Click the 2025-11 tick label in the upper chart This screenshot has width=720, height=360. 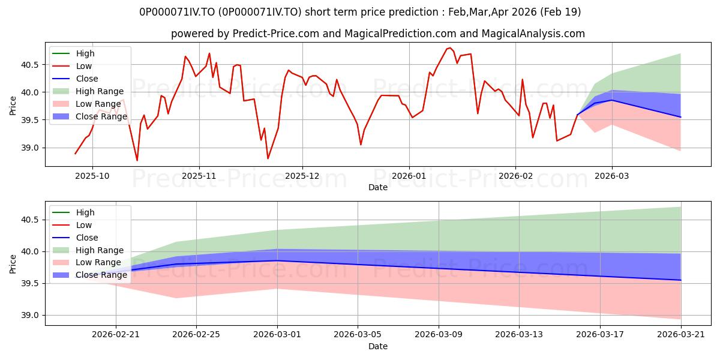point(199,176)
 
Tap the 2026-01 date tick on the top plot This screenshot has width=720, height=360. point(409,176)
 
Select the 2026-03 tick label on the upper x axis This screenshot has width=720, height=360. point(611,176)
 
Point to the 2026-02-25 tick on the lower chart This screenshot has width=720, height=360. point(196,335)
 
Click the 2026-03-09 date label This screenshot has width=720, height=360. point(439,335)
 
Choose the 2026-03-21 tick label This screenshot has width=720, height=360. point(681,335)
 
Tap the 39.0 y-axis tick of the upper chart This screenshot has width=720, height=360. point(30,148)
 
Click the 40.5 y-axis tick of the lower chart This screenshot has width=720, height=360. point(30,220)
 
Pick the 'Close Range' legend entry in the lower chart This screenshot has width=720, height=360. point(89,275)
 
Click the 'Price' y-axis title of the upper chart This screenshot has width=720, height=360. point(13,106)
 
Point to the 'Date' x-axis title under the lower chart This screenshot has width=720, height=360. point(377,347)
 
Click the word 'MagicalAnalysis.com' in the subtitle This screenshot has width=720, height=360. point(533,34)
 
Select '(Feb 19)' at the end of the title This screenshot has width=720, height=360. point(560,12)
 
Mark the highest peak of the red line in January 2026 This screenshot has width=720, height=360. point(450,48)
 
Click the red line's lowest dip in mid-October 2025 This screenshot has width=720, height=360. point(137,160)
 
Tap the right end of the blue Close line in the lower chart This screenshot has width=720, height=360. point(680,280)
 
